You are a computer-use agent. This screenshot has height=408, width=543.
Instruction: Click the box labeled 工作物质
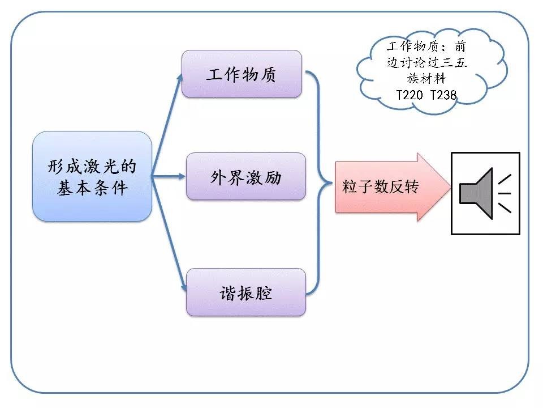(x=242, y=74)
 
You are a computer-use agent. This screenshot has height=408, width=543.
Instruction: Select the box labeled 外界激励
(x=245, y=176)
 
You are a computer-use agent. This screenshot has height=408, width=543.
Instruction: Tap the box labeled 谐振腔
(x=245, y=292)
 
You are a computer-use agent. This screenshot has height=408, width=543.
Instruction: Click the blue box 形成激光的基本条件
(x=92, y=176)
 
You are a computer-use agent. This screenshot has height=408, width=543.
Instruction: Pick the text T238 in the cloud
(x=443, y=96)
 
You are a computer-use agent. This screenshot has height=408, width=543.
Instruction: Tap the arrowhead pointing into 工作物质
(x=180, y=76)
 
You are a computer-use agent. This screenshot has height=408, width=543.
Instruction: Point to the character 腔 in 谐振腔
(x=264, y=293)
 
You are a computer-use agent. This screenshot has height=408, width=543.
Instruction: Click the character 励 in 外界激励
(x=273, y=177)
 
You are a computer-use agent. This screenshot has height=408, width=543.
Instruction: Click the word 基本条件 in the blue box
(x=92, y=188)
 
